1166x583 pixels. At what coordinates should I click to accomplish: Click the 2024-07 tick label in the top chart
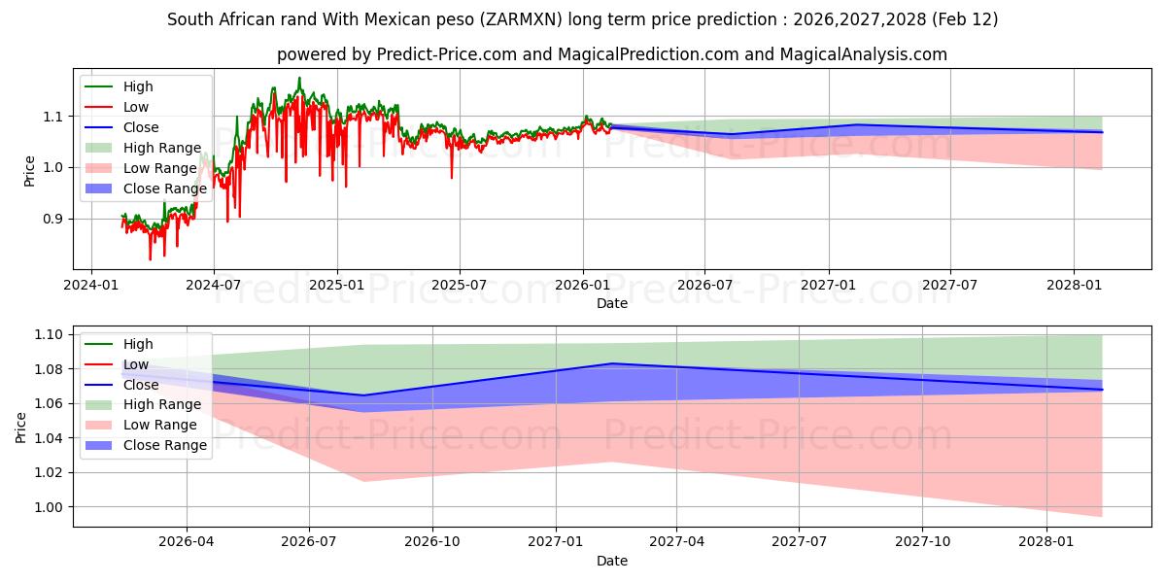213,285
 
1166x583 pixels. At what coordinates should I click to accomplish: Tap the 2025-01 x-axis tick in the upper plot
336,285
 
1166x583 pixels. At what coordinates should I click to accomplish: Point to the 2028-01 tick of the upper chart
1073,285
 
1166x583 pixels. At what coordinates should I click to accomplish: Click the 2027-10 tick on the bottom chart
923,542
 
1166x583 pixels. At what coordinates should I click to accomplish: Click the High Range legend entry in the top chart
162,148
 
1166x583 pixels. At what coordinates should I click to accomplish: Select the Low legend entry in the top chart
136,107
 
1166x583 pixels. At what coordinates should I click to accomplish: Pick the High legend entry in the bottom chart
138,344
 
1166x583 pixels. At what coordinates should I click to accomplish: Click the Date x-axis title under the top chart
612,303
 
